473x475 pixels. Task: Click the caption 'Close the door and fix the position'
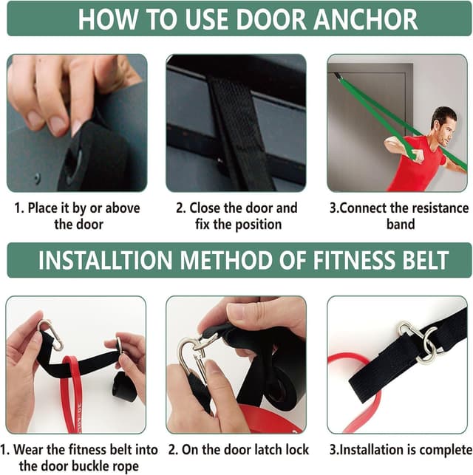pyautogui.click(x=236, y=216)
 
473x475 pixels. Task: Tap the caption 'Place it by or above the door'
pyautogui.click(x=78, y=216)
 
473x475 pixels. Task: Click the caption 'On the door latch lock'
pyautogui.click(x=239, y=449)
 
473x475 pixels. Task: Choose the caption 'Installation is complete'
pyautogui.click(x=400, y=449)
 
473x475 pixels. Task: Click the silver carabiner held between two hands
pyautogui.click(x=194, y=355)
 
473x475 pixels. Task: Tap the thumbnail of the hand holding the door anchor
pyautogui.click(x=77, y=123)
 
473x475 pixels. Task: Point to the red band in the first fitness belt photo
pyautogui.click(x=70, y=392)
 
